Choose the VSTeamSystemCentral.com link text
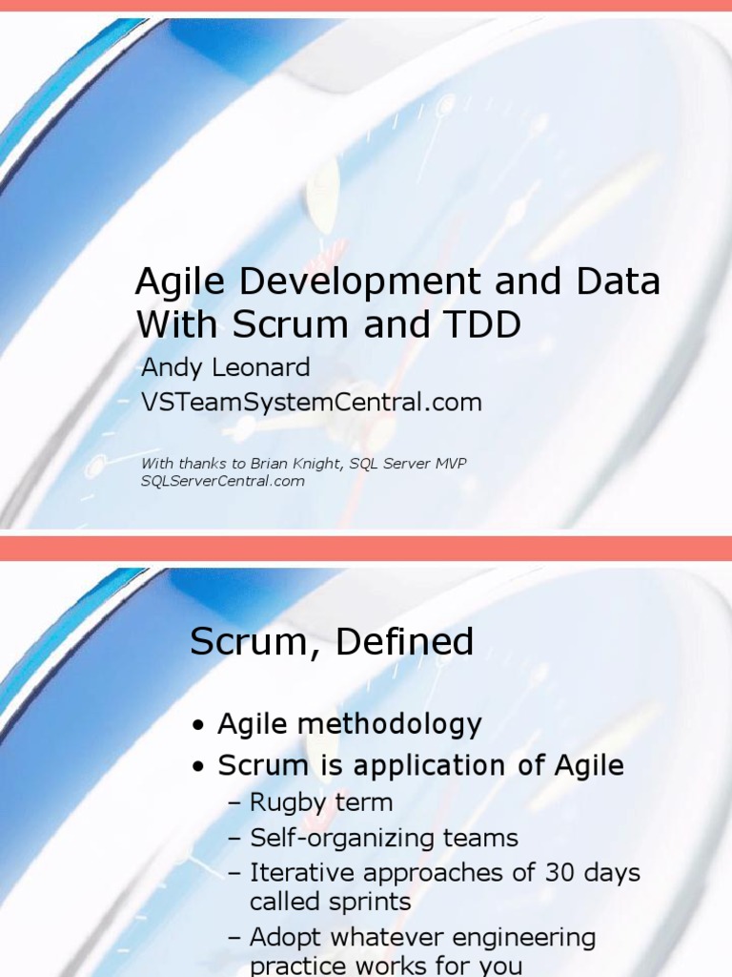pos(311,403)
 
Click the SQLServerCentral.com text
pos(223,481)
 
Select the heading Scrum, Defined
pos(332,642)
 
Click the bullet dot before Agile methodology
pos(197,727)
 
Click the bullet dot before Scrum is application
pos(197,767)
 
